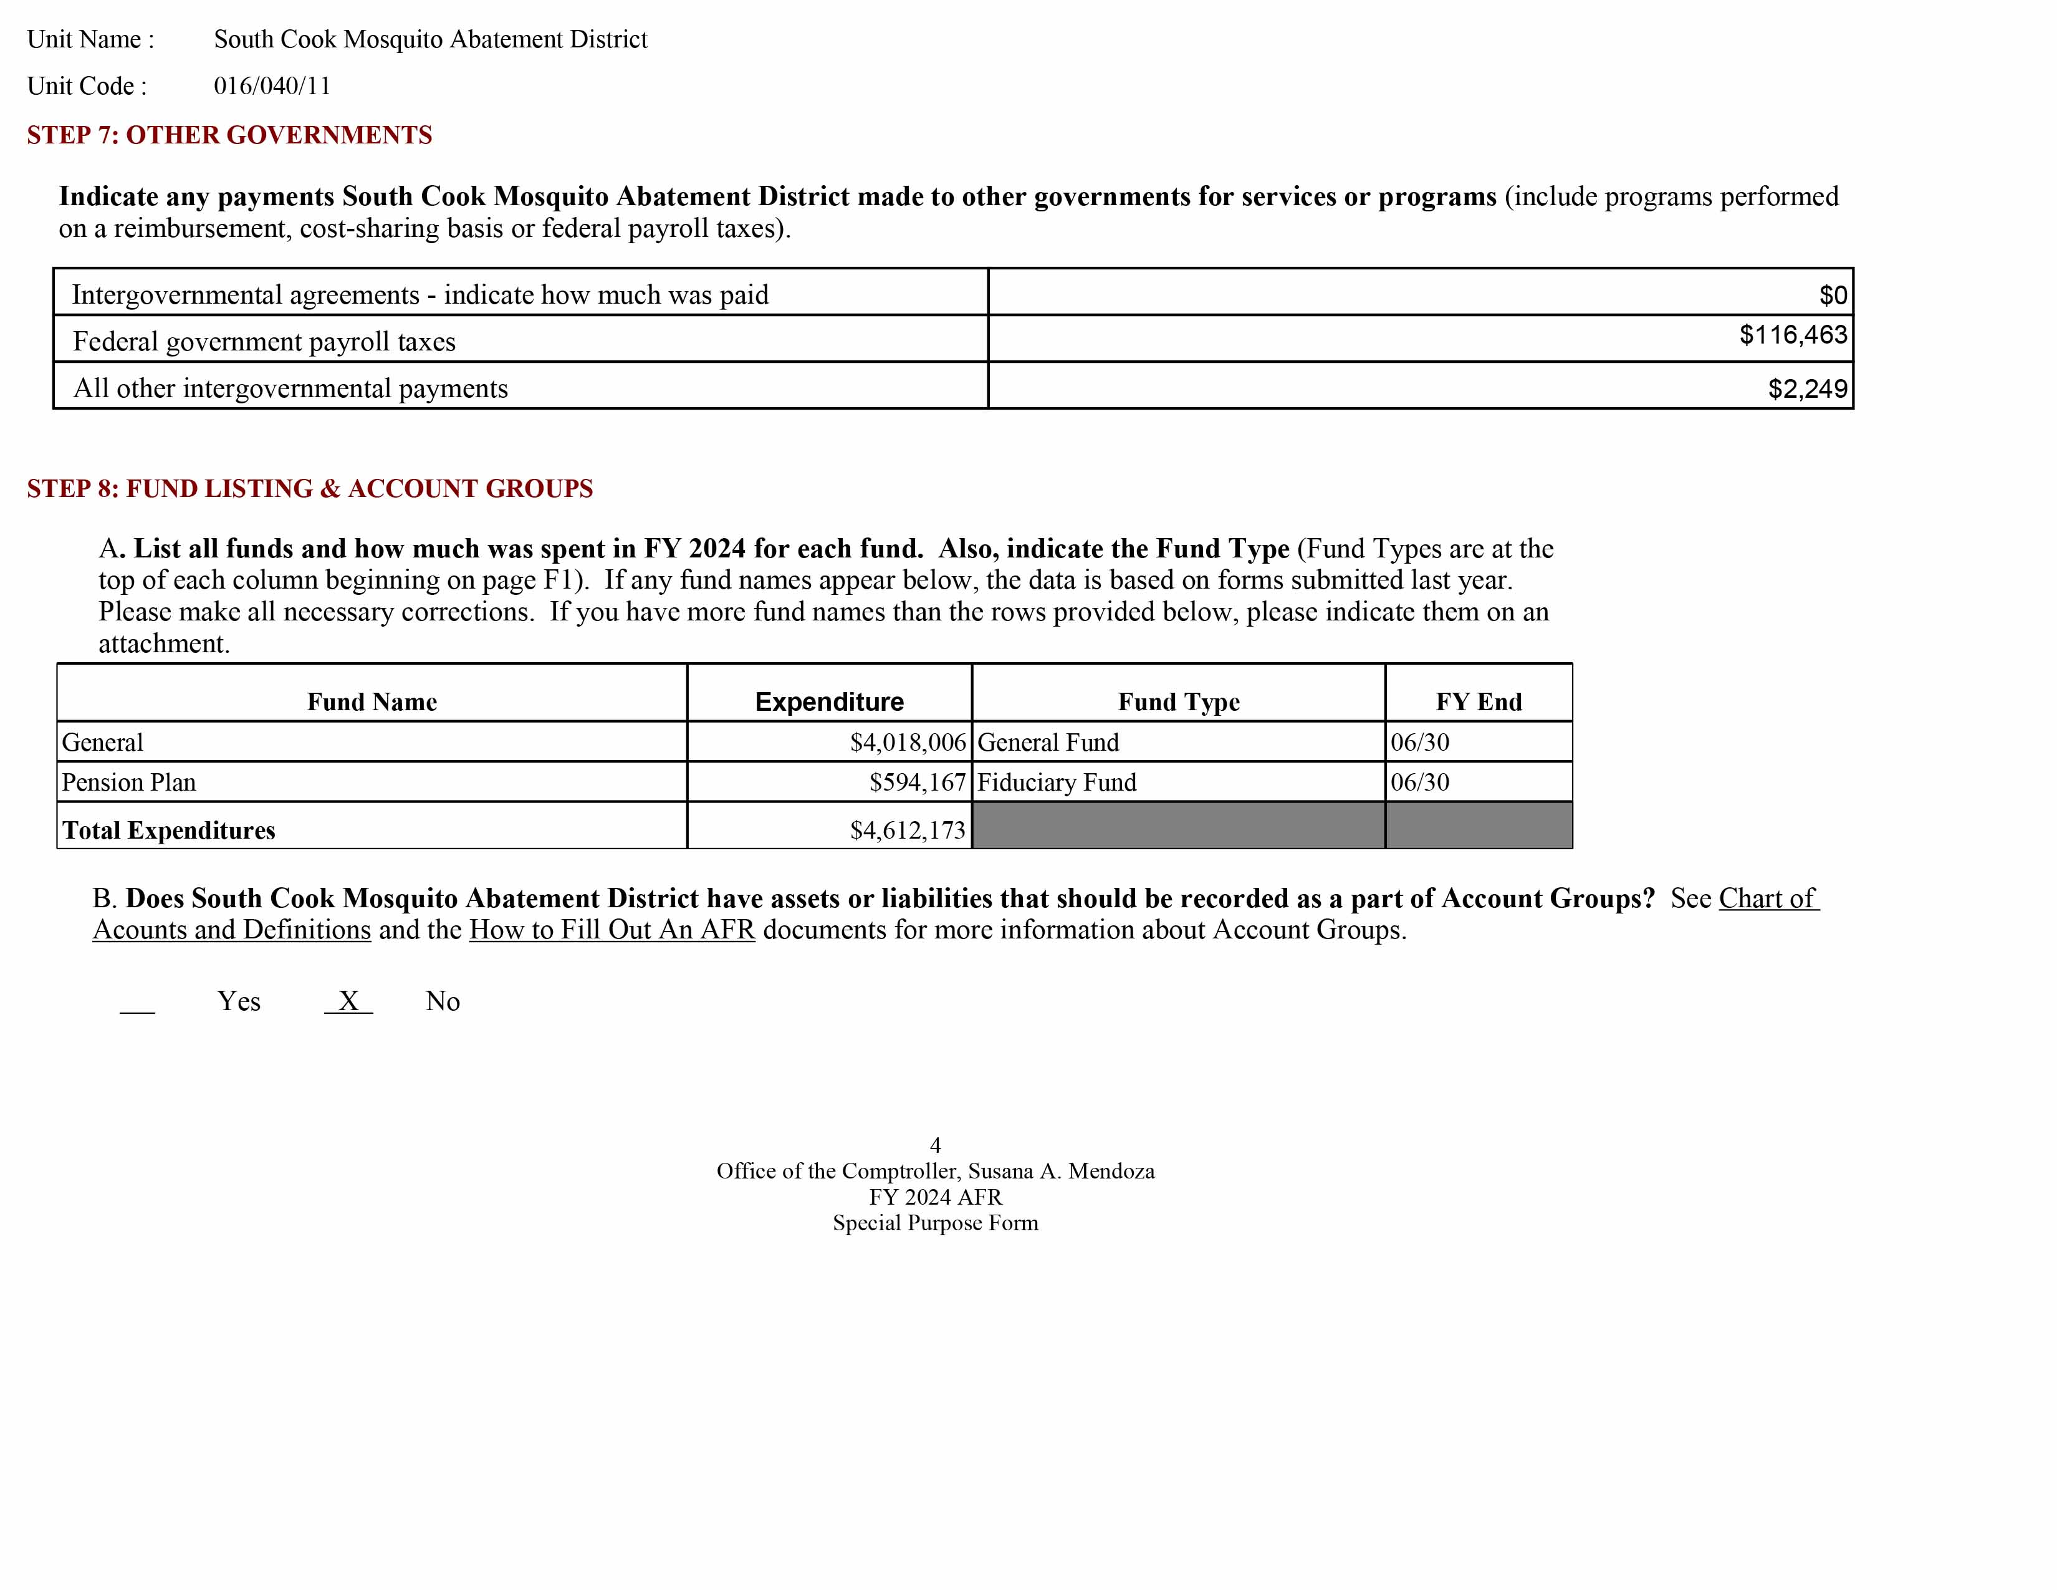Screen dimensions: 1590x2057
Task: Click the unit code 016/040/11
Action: (272, 85)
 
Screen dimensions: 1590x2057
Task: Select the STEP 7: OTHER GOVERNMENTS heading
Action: (229, 135)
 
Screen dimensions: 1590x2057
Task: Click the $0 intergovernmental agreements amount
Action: (1833, 295)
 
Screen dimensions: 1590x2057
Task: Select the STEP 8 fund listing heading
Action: (310, 488)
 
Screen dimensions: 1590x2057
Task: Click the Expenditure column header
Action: (829, 701)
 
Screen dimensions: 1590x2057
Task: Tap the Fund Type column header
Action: (1178, 701)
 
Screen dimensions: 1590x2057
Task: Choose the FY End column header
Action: (1478, 701)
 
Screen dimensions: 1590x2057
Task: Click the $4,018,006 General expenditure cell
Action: (908, 742)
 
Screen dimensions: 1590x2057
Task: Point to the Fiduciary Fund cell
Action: (1057, 782)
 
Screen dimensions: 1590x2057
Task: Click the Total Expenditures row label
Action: (168, 830)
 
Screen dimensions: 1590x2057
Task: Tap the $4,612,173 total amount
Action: (907, 830)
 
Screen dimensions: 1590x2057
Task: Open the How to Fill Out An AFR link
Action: (612, 930)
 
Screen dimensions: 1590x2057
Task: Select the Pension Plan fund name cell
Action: (129, 782)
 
